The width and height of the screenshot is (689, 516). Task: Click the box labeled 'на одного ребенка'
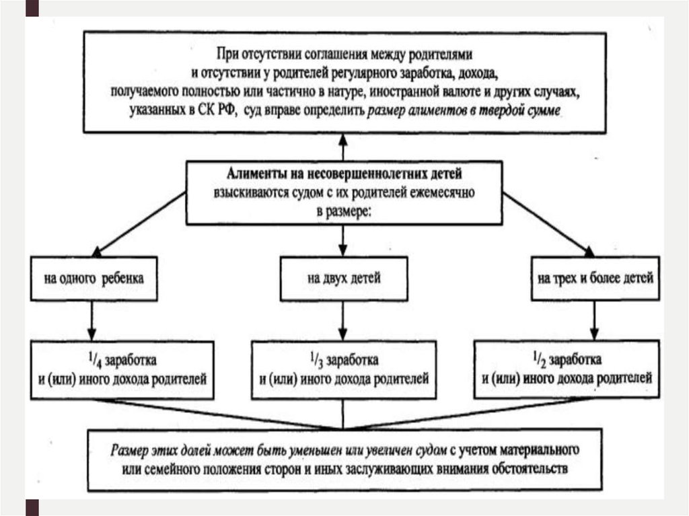click(x=94, y=278)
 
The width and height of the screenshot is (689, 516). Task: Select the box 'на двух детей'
click(x=344, y=278)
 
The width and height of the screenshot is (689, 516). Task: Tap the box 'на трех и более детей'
click(x=593, y=278)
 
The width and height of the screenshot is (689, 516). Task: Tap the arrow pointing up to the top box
click(x=344, y=147)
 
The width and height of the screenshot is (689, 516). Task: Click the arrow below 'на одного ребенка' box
click(x=93, y=319)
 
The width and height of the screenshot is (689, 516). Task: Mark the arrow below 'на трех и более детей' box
click(x=593, y=319)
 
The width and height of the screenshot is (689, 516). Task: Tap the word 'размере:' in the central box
click(x=343, y=211)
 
